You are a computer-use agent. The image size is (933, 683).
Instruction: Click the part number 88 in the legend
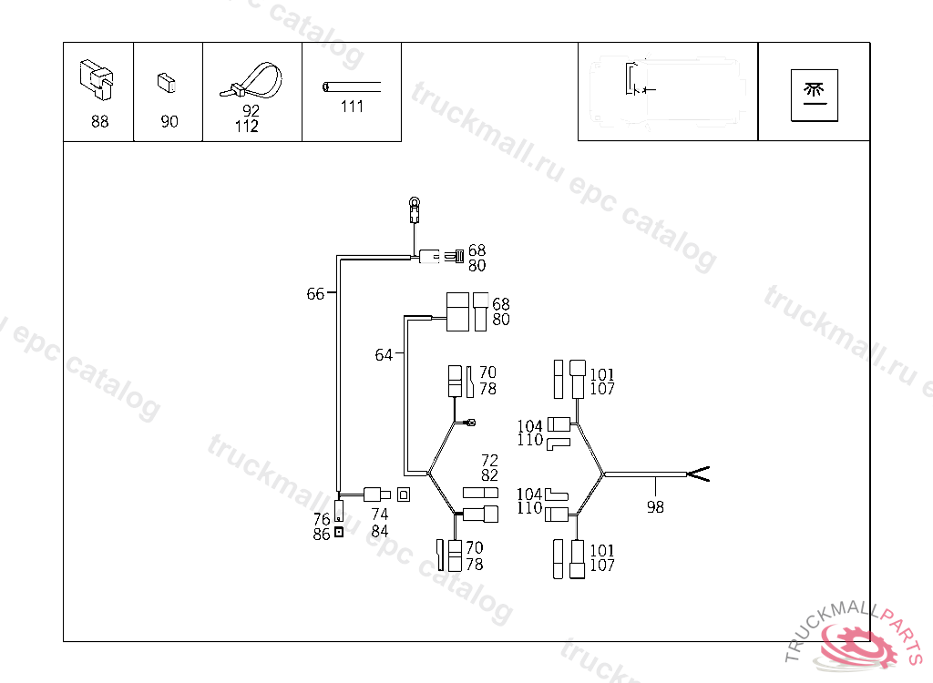pyautogui.click(x=99, y=121)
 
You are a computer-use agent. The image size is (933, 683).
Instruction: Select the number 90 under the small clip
pyautogui.click(x=169, y=121)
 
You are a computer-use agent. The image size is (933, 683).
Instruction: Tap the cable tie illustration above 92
pyautogui.click(x=251, y=80)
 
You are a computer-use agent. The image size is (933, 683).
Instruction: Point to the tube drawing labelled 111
pyautogui.click(x=352, y=87)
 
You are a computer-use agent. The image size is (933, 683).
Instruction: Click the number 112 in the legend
pyautogui.click(x=246, y=127)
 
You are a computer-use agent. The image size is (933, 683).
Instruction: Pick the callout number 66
pyautogui.click(x=315, y=294)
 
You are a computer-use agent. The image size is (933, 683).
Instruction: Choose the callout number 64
pyautogui.click(x=384, y=355)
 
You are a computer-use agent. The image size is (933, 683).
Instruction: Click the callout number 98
pyautogui.click(x=655, y=508)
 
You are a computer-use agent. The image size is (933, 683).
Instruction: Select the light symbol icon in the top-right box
pyautogui.click(x=813, y=91)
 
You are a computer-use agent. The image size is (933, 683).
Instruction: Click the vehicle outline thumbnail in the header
pyautogui.click(x=667, y=91)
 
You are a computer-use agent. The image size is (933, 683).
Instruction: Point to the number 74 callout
pyautogui.click(x=380, y=515)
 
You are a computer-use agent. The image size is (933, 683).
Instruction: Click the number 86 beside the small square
pyautogui.click(x=321, y=535)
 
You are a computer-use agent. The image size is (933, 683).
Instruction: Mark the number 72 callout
pyautogui.click(x=489, y=460)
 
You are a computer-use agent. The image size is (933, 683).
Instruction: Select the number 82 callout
pyautogui.click(x=489, y=475)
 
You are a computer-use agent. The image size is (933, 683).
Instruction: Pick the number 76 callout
pyautogui.click(x=321, y=519)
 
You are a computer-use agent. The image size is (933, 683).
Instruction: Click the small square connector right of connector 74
pyautogui.click(x=405, y=494)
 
